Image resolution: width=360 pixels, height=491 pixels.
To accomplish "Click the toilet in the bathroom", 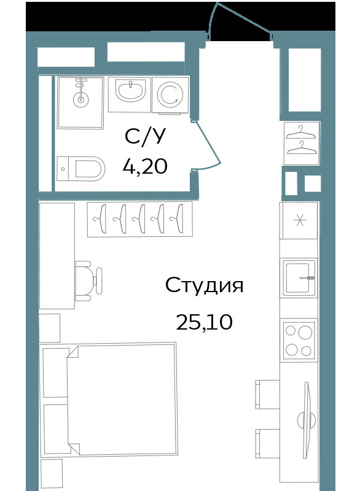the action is [x=81, y=168].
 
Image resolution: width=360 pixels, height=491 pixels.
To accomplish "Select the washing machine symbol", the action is [x=170, y=95].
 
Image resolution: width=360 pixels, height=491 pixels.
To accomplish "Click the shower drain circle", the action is [x=81, y=100].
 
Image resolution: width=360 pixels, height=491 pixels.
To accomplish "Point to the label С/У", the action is [x=145, y=137].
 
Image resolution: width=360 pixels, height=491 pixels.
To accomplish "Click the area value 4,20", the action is [x=145, y=166].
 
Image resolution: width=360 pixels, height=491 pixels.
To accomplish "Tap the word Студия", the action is [x=205, y=285].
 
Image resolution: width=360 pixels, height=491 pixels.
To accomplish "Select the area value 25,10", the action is [x=205, y=322].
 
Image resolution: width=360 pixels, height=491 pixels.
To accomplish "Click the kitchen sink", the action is [x=299, y=278].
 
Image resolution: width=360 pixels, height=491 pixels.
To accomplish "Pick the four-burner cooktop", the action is [x=299, y=341].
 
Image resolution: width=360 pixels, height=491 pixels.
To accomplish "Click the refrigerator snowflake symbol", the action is [x=300, y=221].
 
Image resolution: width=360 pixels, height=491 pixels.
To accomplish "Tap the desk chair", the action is [x=88, y=281].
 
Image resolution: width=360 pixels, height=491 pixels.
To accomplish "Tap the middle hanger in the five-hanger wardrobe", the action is [x=139, y=219].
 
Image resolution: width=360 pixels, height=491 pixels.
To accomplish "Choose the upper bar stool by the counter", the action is [x=267, y=394].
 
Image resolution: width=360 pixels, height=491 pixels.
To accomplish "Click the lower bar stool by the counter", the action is [x=267, y=444].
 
